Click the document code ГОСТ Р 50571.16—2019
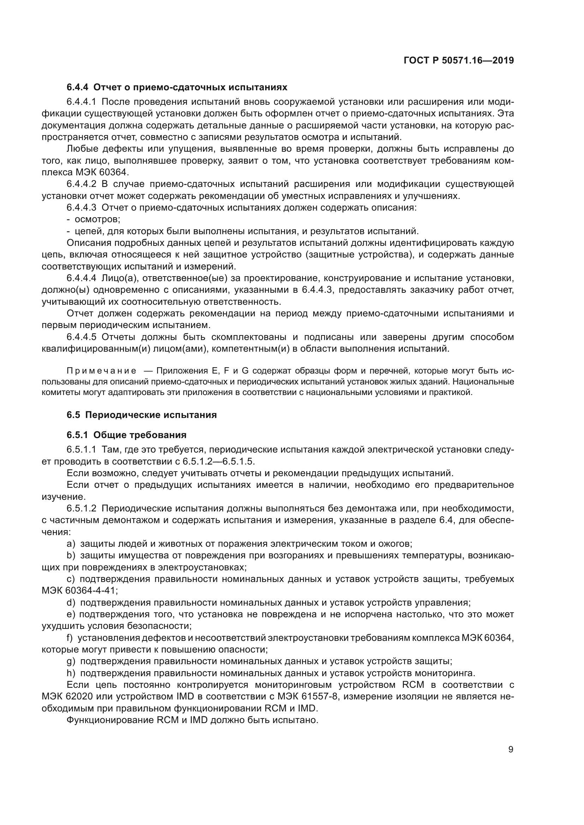(x=459, y=60)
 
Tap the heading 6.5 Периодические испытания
(x=142, y=415)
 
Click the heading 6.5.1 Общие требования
(x=127, y=435)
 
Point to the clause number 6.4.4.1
(x=81, y=102)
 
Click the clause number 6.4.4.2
(x=81, y=184)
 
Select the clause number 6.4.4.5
(x=81, y=337)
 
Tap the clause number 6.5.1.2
(x=81, y=509)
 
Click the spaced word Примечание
(x=101, y=371)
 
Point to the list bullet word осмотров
(x=97, y=219)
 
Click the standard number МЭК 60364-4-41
(x=79, y=591)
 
